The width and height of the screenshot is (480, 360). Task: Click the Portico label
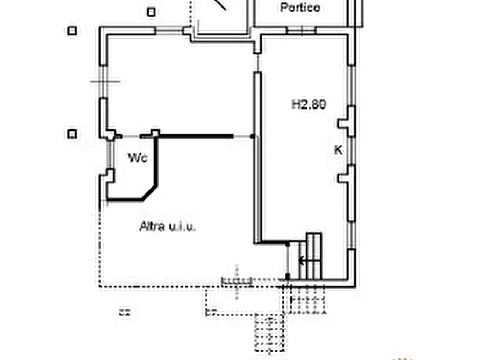pos(300,8)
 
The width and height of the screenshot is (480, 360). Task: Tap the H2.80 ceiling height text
pos(309,104)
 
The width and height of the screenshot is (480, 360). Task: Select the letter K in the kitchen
pos(338,150)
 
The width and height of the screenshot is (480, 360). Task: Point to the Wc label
pos(138,157)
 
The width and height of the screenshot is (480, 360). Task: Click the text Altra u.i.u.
pos(168,226)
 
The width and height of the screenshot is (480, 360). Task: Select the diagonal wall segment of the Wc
pos(150,193)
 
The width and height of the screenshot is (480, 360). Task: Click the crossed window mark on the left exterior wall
pos(105,82)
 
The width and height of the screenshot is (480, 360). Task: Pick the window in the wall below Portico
pos(302,30)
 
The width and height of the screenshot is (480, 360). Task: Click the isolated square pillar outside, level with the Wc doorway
pos(72,134)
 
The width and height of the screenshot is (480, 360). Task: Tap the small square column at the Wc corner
pos(155,133)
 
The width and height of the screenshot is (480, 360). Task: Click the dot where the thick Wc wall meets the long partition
pos(252,136)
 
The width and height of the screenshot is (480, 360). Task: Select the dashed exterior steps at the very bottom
pos(270,333)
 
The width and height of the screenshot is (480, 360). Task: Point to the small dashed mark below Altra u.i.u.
pos(125,313)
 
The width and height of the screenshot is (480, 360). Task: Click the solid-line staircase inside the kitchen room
pos(310,256)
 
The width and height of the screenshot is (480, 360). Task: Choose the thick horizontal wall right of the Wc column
pos(196,136)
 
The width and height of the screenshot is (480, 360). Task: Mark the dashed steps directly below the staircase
pos(307,300)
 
